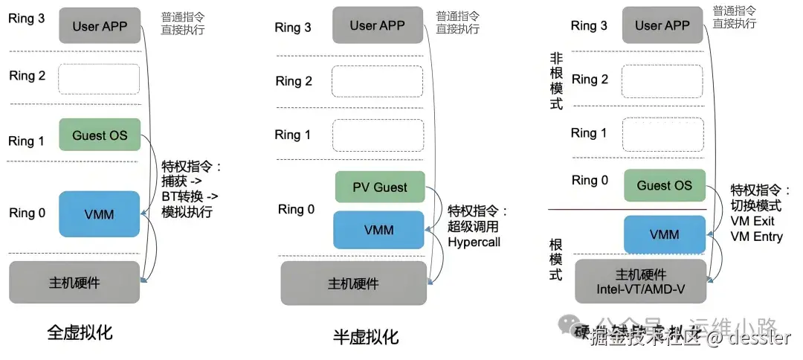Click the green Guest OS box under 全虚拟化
click(100, 135)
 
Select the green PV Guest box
click(379, 187)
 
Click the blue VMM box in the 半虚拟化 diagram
click(378, 229)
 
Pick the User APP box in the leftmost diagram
click(100, 26)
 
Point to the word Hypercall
click(474, 242)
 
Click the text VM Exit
click(753, 221)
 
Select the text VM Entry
click(757, 237)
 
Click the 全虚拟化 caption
click(80, 332)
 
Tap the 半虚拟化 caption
click(366, 337)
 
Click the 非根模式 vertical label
click(556, 81)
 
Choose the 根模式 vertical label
click(556, 259)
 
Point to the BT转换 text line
click(189, 196)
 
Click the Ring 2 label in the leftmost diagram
click(27, 76)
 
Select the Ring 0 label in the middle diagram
click(296, 209)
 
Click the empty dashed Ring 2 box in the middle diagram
click(377, 81)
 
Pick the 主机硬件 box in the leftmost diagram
click(74, 282)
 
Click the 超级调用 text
click(473, 226)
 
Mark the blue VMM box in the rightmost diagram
click(664, 234)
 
